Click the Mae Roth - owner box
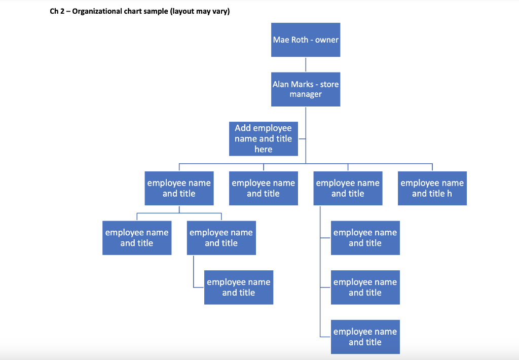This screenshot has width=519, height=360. point(306,40)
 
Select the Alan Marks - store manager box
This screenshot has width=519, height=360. point(306,89)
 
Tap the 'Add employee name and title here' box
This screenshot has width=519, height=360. point(264,138)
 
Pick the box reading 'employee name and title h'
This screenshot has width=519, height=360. point(432,188)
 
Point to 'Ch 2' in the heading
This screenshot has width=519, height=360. point(56,12)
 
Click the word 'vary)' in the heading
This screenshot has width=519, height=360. point(221,12)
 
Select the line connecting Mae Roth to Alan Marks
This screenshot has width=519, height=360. point(306,64)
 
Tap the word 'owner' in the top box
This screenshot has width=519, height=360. point(327,40)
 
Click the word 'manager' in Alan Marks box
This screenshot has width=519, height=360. point(306,94)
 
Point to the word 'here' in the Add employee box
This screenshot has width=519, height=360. point(264,150)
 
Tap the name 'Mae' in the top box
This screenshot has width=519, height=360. point(281,40)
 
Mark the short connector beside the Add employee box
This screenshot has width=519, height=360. point(302,138)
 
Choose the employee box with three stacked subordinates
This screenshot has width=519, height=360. point(348,188)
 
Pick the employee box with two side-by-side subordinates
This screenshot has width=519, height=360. point(179,188)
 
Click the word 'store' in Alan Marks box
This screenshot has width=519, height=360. point(329,84)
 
